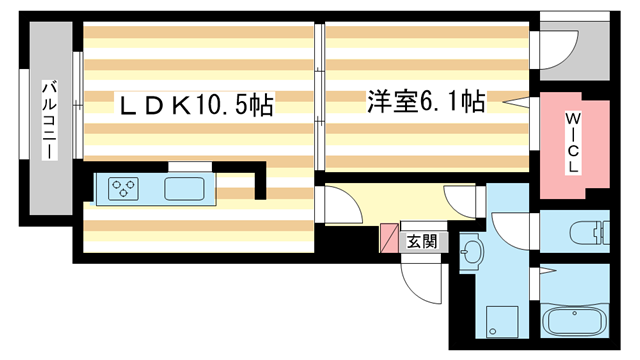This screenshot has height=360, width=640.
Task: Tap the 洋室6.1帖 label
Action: point(426,101)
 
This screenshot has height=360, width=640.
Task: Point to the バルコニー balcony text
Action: point(47,121)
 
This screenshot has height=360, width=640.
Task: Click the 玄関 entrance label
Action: point(421,241)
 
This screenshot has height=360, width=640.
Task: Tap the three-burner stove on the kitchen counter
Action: point(125,188)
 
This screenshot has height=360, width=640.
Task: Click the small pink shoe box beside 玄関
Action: point(389,238)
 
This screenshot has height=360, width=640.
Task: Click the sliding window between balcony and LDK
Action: point(75,120)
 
